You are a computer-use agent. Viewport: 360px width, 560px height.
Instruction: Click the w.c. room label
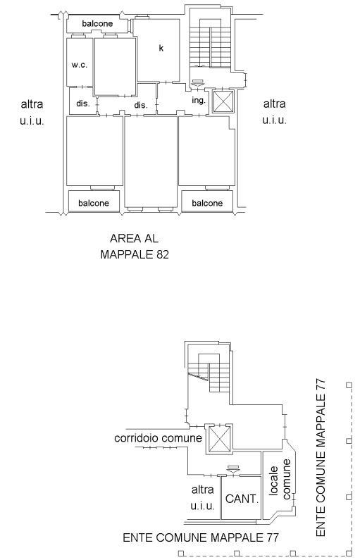click(79, 65)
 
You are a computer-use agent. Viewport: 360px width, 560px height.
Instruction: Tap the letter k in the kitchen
click(161, 48)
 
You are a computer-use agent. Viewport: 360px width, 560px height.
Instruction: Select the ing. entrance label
click(199, 100)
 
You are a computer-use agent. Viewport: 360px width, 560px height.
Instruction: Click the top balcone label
click(97, 23)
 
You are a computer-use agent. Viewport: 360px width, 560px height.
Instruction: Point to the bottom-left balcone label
click(94, 203)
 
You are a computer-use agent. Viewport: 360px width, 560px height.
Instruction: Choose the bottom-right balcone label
click(207, 203)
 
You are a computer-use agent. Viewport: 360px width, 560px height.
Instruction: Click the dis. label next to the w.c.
click(83, 104)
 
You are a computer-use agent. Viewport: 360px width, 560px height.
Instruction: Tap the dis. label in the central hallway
click(141, 106)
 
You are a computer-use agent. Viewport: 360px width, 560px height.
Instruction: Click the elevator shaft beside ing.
click(223, 101)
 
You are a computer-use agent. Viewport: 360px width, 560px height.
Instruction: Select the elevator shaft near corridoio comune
click(218, 439)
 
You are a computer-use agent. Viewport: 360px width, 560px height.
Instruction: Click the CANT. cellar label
click(242, 499)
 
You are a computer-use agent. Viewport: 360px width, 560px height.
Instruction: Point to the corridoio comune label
click(158, 438)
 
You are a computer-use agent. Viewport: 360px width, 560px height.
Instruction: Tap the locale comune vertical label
click(280, 479)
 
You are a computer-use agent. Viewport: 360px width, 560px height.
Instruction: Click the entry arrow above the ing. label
click(197, 83)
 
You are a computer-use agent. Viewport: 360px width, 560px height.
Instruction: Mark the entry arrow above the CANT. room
click(233, 469)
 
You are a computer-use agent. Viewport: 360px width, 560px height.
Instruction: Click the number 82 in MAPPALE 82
click(162, 254)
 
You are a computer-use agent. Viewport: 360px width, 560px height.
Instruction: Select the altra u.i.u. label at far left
click(32, 112)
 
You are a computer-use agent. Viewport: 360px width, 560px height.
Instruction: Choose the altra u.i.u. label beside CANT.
click(202, 497)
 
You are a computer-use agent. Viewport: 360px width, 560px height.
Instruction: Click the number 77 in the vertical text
click(321, 386)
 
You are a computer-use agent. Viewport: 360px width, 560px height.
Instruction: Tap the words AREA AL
click(134, 238)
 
